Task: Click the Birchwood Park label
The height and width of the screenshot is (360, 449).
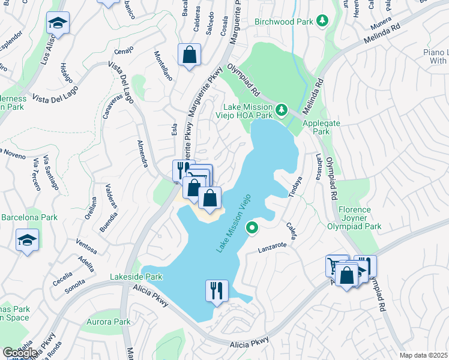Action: tap(284, 22)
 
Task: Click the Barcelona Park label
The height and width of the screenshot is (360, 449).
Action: tap(29, 217)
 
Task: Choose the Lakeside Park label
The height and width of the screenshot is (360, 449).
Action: tap(136, 277)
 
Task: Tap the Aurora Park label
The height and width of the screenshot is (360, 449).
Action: tap(108, 322)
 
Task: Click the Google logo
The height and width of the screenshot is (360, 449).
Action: tap(20, 352)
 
